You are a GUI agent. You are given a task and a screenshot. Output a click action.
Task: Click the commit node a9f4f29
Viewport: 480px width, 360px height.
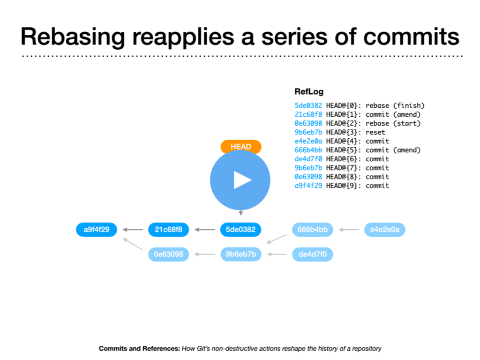[x=97, y=230]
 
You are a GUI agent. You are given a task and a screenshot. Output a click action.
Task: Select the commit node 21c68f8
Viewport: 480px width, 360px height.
[x=168, y=230]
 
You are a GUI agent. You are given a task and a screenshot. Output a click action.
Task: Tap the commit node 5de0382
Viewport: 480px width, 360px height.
[x=240, y=230]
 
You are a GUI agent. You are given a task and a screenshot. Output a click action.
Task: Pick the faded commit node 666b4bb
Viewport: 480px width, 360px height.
[x=313, y=230]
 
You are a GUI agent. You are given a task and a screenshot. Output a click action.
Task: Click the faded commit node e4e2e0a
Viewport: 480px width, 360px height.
[x=385, y=230]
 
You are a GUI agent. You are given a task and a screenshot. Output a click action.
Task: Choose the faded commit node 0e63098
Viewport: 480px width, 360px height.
[x=168, y=255]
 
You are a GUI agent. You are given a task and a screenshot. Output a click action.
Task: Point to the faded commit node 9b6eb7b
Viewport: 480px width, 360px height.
[x=241, y=255]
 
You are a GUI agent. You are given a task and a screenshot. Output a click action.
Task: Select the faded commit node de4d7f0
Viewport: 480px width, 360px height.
[x=313, y=255]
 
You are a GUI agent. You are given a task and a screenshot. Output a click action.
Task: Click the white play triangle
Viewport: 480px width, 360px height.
[x=242, y=180]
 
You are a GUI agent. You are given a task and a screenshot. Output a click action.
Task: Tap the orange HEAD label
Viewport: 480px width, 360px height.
[x=241, y=146]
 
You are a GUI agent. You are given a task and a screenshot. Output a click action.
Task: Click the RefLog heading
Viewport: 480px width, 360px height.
[x=309, y=91]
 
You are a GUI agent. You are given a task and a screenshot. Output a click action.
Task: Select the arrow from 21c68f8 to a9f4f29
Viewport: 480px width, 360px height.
[x=133, y=230]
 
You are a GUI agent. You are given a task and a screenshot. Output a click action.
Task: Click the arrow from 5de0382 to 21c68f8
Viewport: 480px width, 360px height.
[x=205, y=230]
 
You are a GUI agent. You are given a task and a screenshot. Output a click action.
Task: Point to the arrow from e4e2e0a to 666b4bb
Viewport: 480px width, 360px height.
[x=349, y=230]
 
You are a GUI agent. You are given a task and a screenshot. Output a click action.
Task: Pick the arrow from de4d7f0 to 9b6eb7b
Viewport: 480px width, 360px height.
[x=277, y=255]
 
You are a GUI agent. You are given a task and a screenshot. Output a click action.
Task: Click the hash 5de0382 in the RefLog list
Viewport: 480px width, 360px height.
[x=308, y=105]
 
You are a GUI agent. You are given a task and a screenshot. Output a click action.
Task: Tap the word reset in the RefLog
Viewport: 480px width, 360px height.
[x=375, y=132]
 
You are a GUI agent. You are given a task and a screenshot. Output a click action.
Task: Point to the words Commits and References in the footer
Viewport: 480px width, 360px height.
[x=139, y=348]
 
